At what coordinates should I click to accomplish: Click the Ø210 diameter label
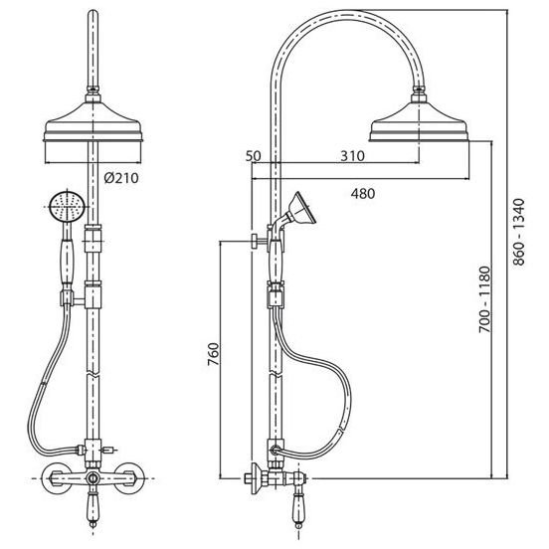tap(121, 178)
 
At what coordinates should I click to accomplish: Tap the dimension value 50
tap(253, 156)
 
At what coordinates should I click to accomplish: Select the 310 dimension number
tap(353, 156)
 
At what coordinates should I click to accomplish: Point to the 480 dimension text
tap(363, 193)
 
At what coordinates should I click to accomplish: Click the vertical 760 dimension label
tap(214, 354)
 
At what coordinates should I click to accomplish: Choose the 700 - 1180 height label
tap(485, 299)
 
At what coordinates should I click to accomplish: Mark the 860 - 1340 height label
tap(519, 232)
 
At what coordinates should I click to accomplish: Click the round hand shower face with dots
tap(67, 207)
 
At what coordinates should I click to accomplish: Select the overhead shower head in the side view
tap(420, 121)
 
